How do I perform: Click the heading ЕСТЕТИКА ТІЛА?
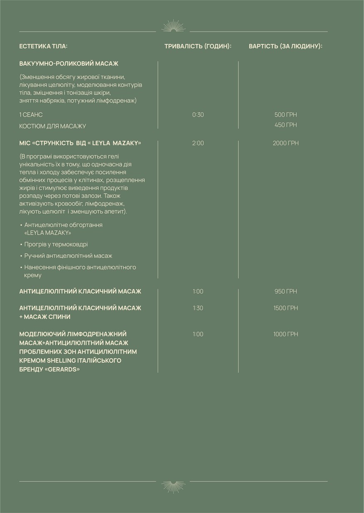click(43, 46)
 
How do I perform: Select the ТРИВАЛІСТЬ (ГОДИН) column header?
click(198, 46)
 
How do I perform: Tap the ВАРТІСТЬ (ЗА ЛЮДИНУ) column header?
click(286, 46)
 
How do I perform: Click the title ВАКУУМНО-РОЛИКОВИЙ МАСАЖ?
click(69, 64)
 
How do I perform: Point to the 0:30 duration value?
click(198, 115)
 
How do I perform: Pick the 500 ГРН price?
click(286, 115)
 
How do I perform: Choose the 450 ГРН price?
click(286, 125)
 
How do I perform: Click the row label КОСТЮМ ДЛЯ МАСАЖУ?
click(53, 126)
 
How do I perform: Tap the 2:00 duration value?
click(198, 143)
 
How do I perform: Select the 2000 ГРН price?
click(286, 143)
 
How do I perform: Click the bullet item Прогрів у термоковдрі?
click(56, 244)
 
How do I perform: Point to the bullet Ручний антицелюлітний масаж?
click(68, 256)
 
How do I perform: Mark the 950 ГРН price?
click(286, 291)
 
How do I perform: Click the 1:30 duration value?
click(198, 308)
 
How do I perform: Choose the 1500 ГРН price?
click(286, 308)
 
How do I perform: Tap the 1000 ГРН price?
click(286, 334)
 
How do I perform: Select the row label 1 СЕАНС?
click(31, 115)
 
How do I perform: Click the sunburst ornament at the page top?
click(173, 27)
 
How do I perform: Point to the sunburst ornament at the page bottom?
click(173, 486)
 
